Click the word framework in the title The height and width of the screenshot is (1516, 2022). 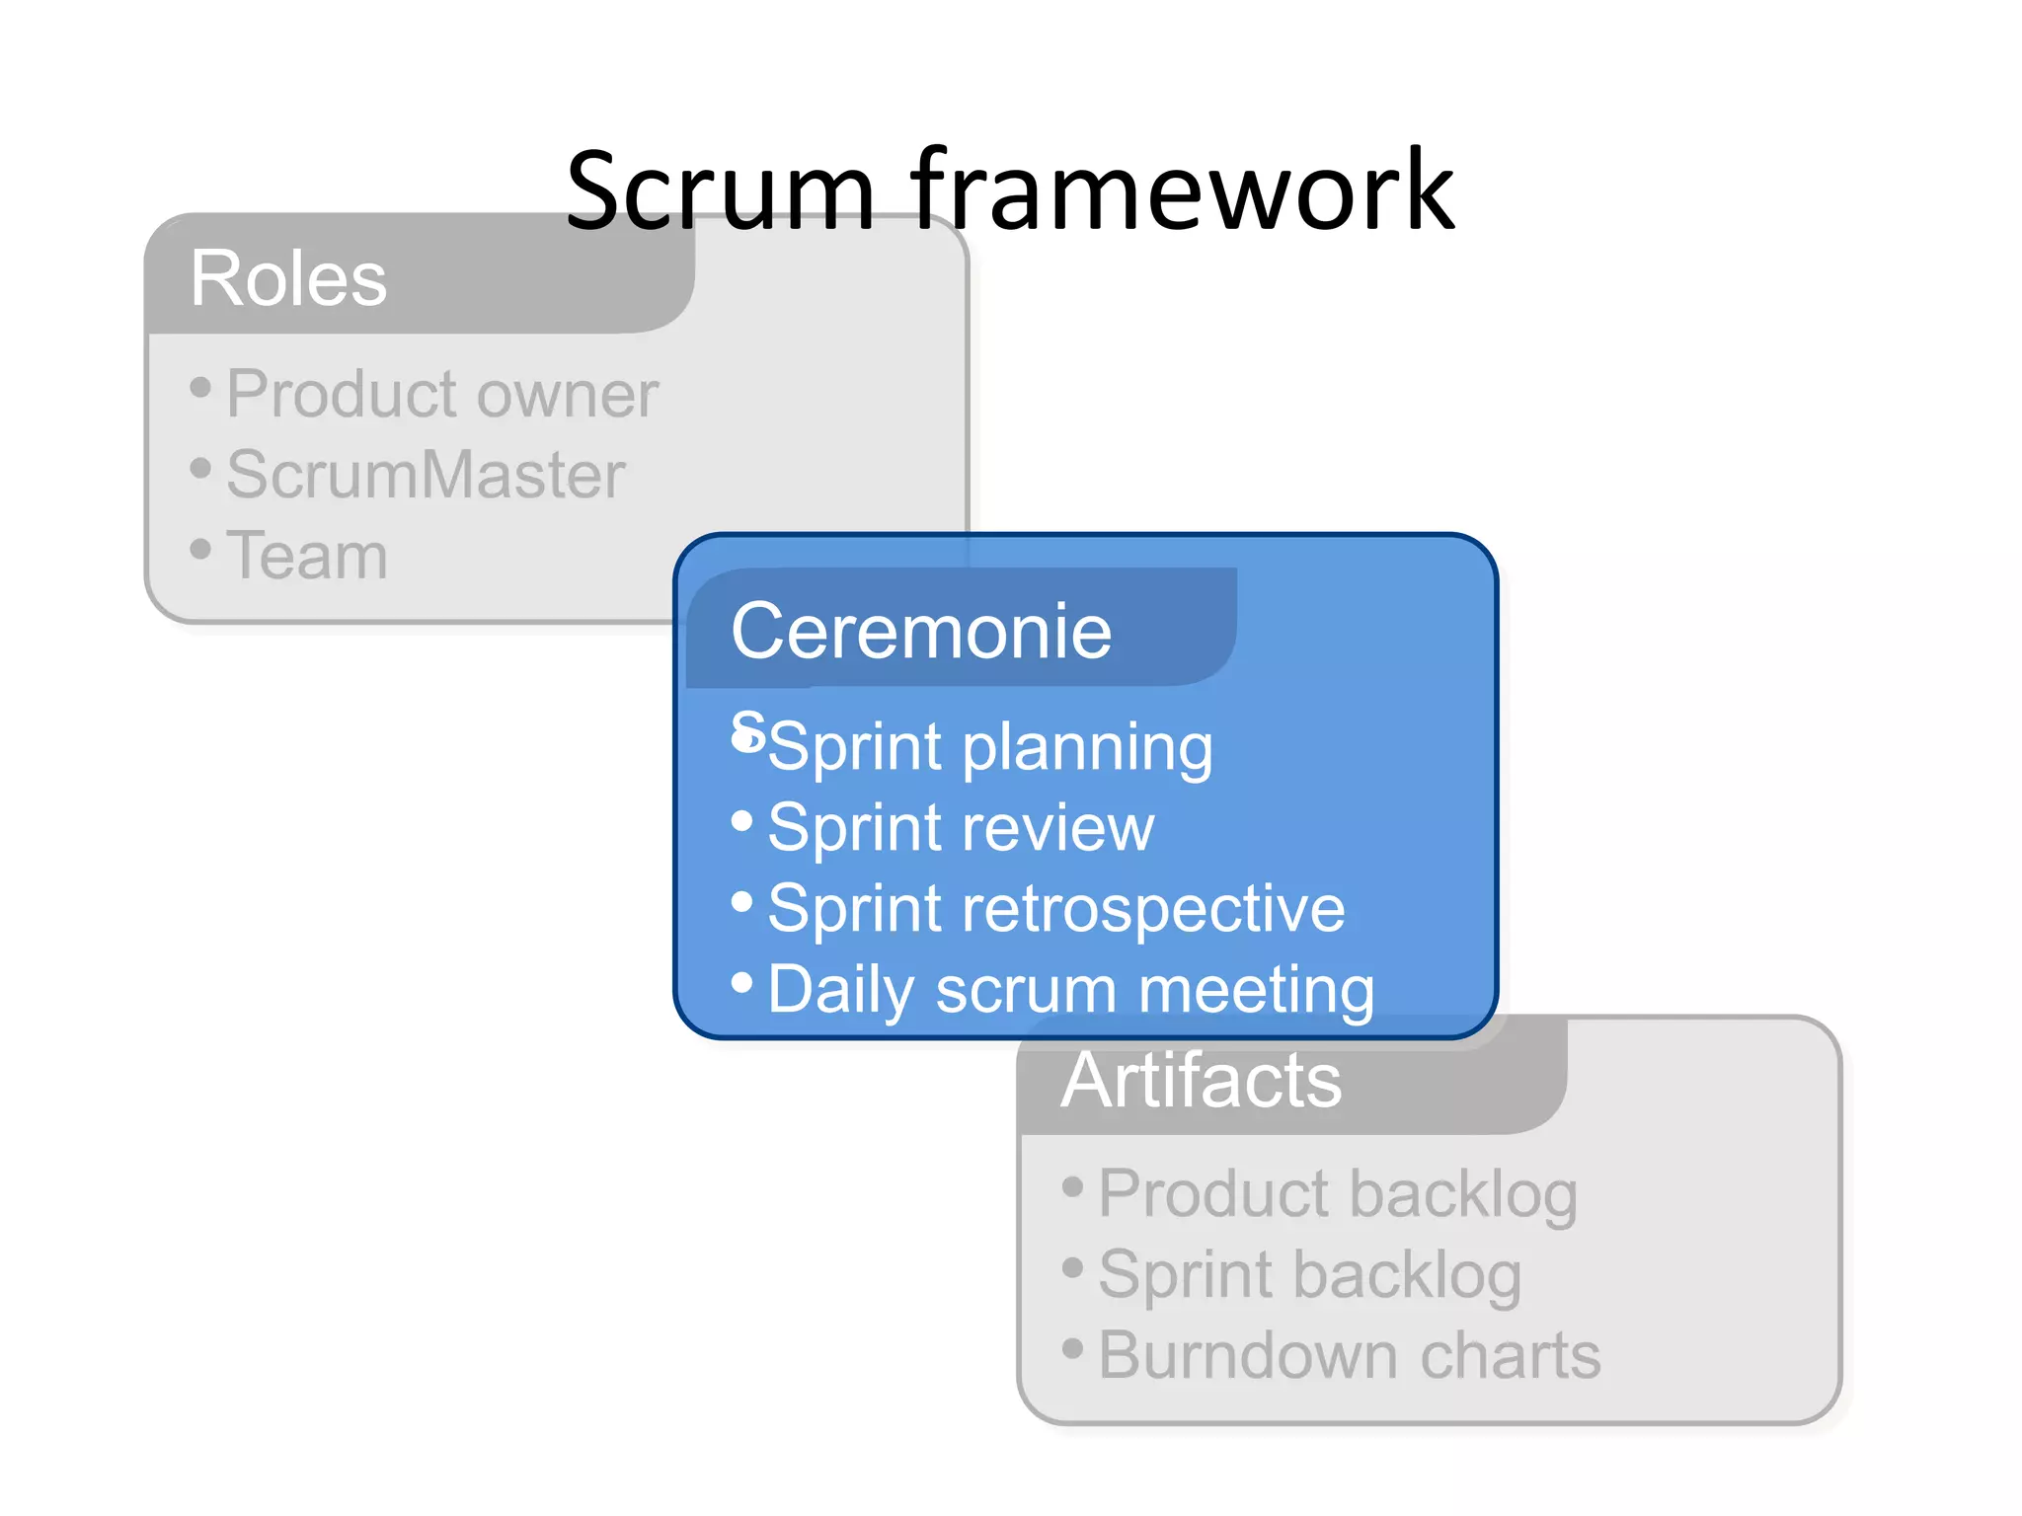pos(1182,190)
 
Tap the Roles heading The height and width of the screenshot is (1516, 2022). pos(288,279)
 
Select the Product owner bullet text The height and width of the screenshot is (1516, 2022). pos(441,395)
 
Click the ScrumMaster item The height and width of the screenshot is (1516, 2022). pos(426,475)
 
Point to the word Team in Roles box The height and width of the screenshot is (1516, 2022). pos(307,556)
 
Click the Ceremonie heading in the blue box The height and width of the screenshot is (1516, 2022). pos(921,632)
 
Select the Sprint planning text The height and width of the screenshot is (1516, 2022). pos(990,747)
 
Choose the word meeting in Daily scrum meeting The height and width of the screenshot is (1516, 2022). pos(1256,990)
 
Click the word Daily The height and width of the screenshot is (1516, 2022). pos(841,990)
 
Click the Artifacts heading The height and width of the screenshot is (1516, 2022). pos(1202,1081)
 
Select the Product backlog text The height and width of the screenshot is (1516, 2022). pos(1338,1195)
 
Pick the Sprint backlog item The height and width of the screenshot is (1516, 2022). pos(1310,1276)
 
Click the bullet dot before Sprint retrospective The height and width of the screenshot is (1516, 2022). pos(742,901)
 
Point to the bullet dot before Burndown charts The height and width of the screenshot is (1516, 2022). pos(1073,1347)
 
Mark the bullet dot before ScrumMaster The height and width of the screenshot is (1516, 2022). pos(200,467)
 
